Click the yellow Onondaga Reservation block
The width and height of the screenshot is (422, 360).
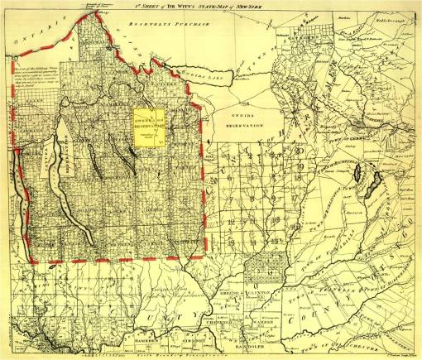click(x=148, y=125)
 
